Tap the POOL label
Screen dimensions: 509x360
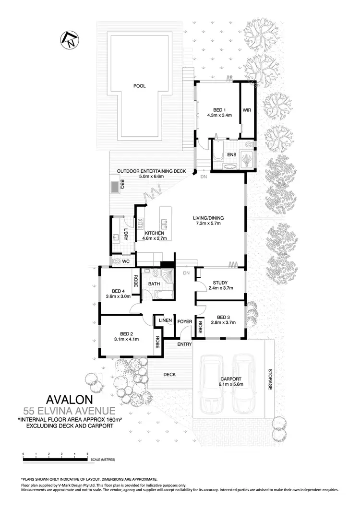click(140, 86)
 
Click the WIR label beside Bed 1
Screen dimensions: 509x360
click(247, 110)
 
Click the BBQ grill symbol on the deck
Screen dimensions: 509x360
click(116, 185)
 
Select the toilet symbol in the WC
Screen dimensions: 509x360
click(117, 261)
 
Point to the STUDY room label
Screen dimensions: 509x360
click(220, 283)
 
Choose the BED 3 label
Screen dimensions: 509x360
click(224, 317)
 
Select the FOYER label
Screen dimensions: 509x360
click(185, 321)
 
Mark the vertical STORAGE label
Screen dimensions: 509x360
click(270, 379)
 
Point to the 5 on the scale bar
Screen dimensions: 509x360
click(87, 453)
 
